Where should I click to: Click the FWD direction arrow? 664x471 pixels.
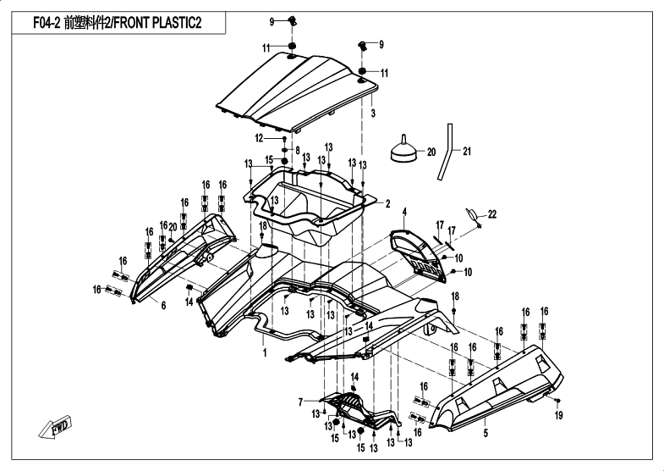tap(56, 428)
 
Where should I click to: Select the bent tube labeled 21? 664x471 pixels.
tap(446, 152)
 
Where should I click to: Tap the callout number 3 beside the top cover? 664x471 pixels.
tap(373, 114)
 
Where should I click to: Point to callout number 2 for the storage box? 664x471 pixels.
tap(388, 204)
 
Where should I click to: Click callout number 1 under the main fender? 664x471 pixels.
tap(265, 352)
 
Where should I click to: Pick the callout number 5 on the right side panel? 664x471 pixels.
tap(486, 433)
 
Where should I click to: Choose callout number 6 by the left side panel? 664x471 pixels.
tap(163, 305)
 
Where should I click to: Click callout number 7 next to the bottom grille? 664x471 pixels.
tap(300, 402)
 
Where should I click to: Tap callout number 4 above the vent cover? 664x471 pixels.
tap(404, 212)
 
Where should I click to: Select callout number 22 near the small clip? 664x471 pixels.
tap(491, 214)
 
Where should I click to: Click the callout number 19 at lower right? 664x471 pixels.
tap(559, 415)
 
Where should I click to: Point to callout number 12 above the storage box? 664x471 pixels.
tap(259, 138)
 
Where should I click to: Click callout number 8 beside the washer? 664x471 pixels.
tap(297, 151)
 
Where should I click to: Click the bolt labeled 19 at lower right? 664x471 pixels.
tap(557, 400)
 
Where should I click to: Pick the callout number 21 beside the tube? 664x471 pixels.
tap(466, 152)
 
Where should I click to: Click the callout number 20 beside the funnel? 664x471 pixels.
tap(431, 152)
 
